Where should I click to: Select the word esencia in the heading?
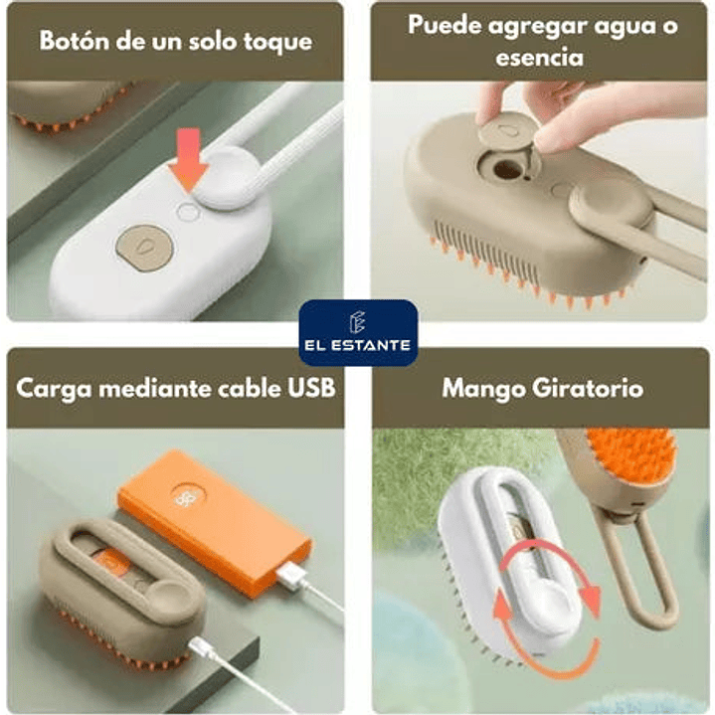click(x=539, y=58)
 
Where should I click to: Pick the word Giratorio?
click(x=588, y=389)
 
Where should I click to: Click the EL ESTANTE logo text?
click(x=358, y=345)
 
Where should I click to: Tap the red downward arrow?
click(x=188, y=159)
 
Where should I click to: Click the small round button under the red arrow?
click(x=188, y=212)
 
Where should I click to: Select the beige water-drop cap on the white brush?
click(x=145, y=249)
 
